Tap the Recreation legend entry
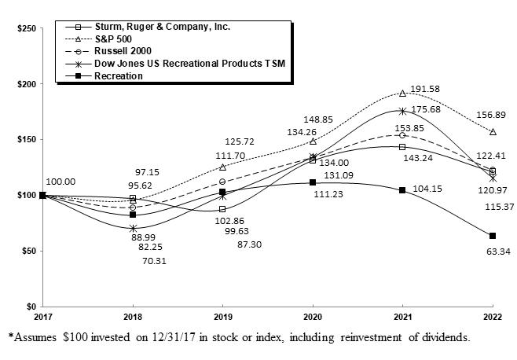[x=119, y=75]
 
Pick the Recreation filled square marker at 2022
[x=493, y=236]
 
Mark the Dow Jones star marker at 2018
[x=133, y=228]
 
